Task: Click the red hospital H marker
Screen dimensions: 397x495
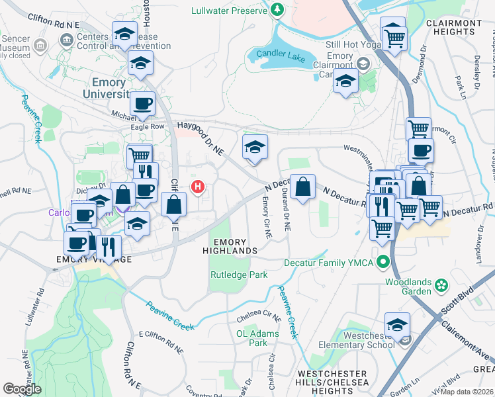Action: (x=197, y=187)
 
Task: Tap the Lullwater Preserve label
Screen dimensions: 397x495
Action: (x=226, y=11)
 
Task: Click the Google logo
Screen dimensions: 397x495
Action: (x=22, y=388)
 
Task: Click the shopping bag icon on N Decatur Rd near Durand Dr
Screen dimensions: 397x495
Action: (x=302, y=187)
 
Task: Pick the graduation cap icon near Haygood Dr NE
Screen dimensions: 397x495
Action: (x=255, y=148)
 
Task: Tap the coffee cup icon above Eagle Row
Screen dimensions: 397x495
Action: (x=142, y=103)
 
